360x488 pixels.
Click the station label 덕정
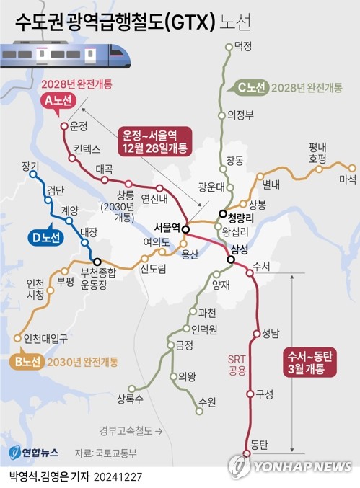point(243,45)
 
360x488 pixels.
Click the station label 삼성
point(239,250)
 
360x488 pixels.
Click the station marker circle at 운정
point(64,127)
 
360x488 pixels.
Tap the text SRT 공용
point(237,365)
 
